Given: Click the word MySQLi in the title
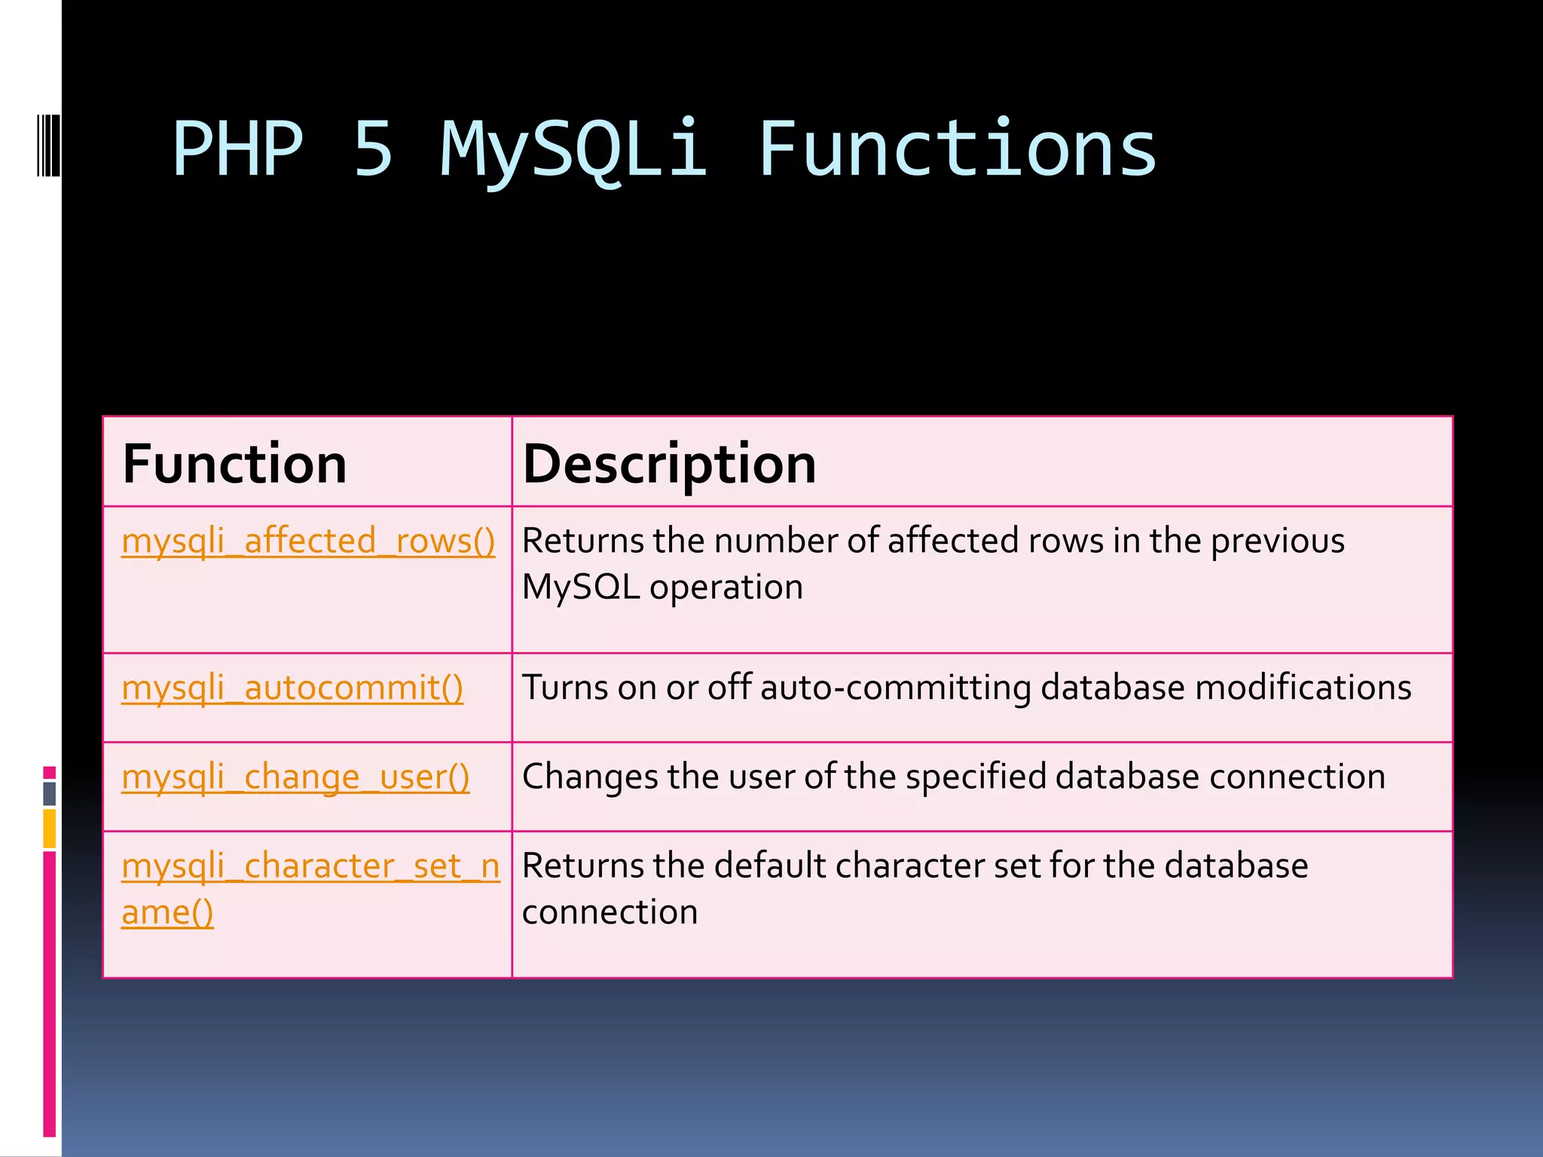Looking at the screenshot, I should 574,151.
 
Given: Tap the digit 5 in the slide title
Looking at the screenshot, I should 374,151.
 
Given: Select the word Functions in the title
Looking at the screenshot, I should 957,151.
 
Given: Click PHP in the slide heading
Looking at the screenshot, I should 238,151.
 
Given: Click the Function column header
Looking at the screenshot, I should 234,464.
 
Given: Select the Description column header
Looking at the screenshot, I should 669,464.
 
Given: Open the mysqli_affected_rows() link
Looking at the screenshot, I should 308,541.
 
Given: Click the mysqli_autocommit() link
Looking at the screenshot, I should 292,688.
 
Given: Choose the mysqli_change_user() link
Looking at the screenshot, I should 295,777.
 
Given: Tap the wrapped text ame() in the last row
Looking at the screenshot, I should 167,912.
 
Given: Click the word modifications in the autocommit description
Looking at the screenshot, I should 1303,688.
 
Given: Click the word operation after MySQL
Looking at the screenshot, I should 726,587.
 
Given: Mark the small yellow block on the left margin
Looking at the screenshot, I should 50,829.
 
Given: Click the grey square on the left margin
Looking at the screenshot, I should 50,793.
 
